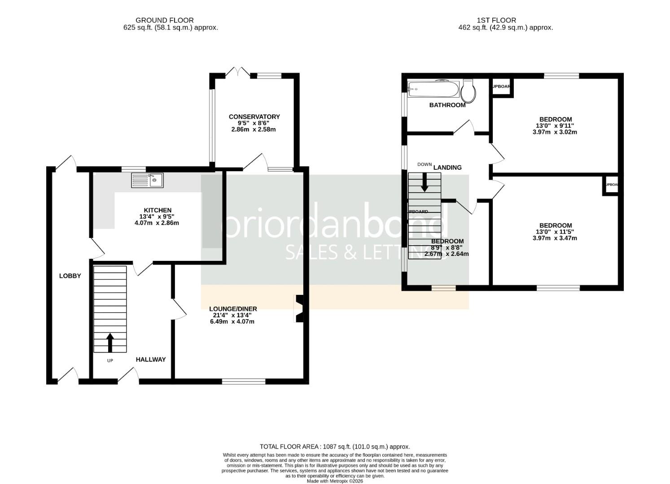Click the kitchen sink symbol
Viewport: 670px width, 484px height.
tap(147, 180)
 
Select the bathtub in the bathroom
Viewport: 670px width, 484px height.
tap(433, 89)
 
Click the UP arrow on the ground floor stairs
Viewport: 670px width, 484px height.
tap(110, 342)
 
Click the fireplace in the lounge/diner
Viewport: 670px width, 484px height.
tap(299, 308)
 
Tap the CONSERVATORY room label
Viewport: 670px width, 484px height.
tap(254, 117)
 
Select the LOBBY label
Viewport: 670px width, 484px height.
tap(70, 276)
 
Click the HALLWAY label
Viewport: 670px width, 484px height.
tap(151, 359)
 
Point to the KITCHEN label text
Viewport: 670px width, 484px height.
tap(158, 210)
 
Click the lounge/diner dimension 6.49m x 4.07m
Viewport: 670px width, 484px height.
tap(232, 321)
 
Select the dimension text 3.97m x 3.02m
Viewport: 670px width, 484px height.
tap(555, 132)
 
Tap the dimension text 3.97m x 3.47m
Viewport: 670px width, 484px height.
tap(555, 238)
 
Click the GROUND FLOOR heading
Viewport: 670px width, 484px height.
tap(165, 20)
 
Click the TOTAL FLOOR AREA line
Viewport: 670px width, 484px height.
tap(335, 446)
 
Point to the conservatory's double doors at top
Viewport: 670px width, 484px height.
tap(238, 72)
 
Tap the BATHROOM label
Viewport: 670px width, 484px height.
tap(447, 105)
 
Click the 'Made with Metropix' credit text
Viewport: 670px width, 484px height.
tap(335, 481)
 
